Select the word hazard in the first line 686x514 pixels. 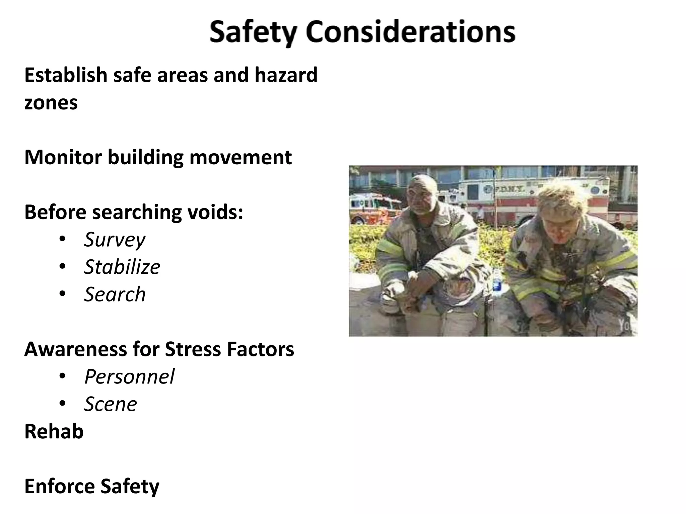click(286, 75)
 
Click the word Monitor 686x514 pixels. click(63, 157)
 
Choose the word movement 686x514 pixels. click(241, 157)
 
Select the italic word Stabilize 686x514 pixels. click(122, 267)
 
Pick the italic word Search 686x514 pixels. click(115, 294)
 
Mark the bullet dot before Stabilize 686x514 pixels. click(62, 267)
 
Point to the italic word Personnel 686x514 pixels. click(129, 377)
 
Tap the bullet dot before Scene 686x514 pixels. click(62, 404)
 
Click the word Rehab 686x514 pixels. click(54, 432)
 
